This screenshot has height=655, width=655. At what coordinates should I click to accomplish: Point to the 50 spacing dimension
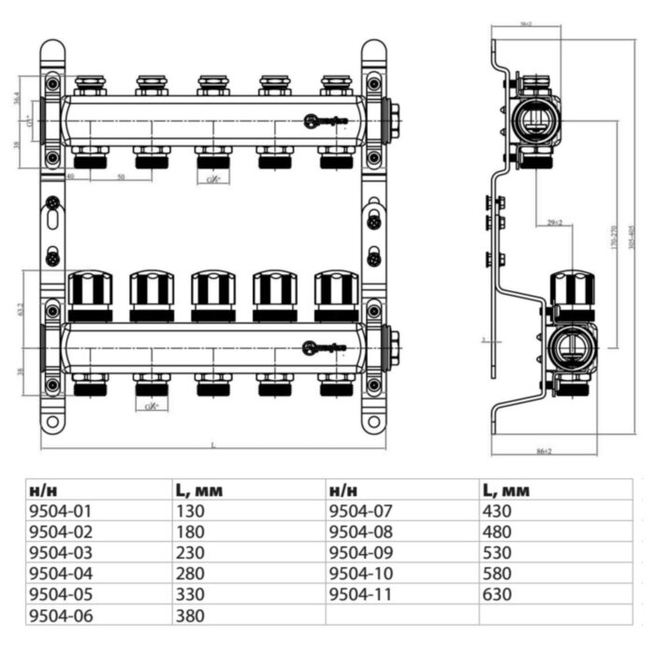121,177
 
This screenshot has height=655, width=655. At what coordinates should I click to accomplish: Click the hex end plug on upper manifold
394,119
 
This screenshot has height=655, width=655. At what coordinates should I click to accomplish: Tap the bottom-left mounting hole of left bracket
53,423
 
